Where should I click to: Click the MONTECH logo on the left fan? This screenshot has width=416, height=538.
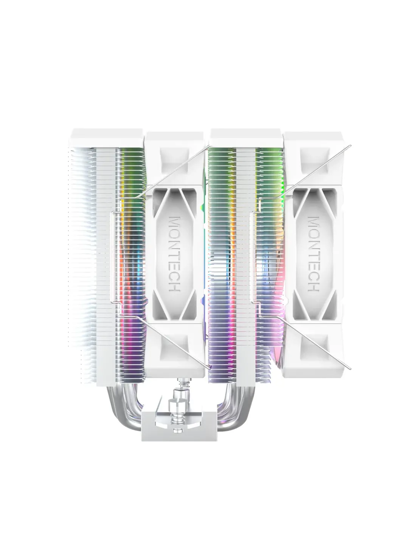pos(174,254)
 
